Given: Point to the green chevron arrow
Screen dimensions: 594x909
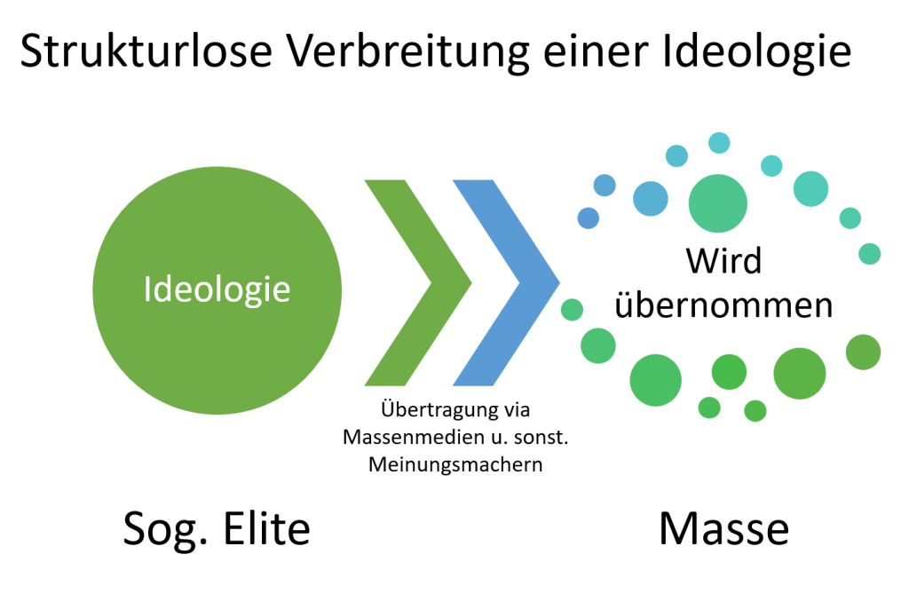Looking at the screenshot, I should [416, 282].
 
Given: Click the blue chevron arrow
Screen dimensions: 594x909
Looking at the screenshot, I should [505, 282].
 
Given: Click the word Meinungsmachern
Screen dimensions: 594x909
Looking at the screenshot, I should [454, 464].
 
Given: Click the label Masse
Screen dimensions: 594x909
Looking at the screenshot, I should [723, 529].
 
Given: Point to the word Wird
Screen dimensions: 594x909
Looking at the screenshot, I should [723, 261].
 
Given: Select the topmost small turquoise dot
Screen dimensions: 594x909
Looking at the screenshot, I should [719, 142].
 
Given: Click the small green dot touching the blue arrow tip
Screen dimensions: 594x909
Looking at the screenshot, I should [573, 310].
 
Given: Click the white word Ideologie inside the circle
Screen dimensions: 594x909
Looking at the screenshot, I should [217, 289].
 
